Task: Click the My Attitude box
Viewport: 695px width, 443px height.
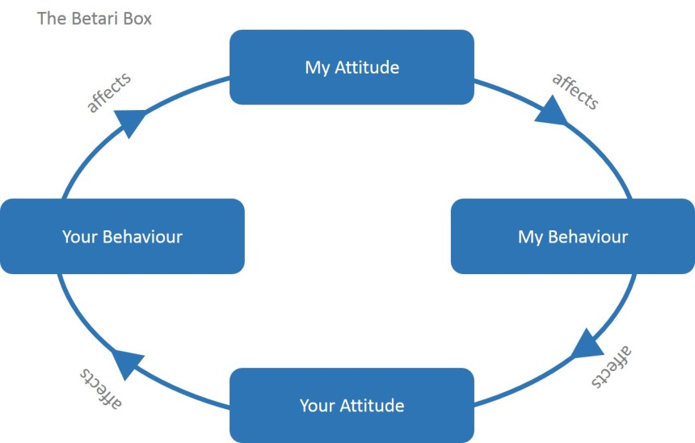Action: tap(352, 67)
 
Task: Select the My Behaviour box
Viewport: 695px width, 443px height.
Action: tap(572, 236)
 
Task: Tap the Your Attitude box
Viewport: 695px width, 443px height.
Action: tap(352, 405)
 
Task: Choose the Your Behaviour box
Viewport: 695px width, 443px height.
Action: tap(122, 236)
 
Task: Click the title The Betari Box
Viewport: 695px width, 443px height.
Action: tap(94, 18)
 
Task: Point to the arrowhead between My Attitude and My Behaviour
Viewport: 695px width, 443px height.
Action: tap(552, 112)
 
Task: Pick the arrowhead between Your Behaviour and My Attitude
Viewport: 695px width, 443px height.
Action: tap(131, 122)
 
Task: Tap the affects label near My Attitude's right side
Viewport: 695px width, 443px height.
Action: tap(575, 91)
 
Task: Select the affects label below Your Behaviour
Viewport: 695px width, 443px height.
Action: tap(101, 388)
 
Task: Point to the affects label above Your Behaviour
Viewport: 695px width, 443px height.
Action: tap(109, 93)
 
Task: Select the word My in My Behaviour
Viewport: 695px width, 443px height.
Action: tap(530, 237)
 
